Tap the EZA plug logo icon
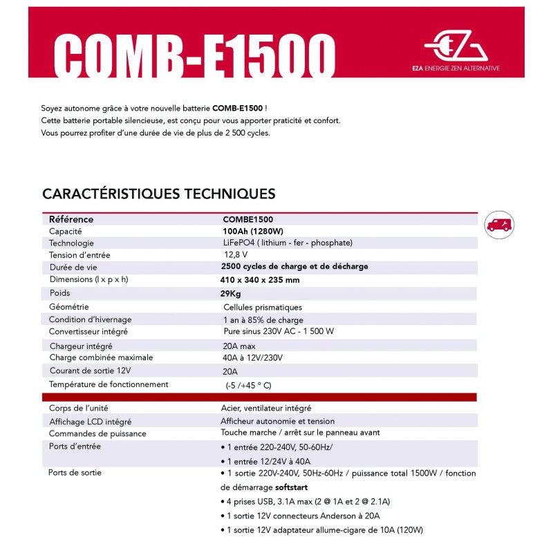(456, 46)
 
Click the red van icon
(499, 224)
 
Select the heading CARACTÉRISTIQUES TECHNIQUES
(159, 194)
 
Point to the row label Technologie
(71, 243)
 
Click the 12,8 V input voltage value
(235, 255)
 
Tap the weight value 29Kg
(230, 293)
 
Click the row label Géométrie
(68, 306)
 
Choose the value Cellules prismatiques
(262, 307)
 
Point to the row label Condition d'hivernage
(90, 319)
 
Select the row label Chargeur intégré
(81, 346)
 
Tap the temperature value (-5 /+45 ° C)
(248, 385)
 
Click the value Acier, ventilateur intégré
(267, 408)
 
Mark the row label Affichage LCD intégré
(90, 421)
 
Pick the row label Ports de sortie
(75, 473)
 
